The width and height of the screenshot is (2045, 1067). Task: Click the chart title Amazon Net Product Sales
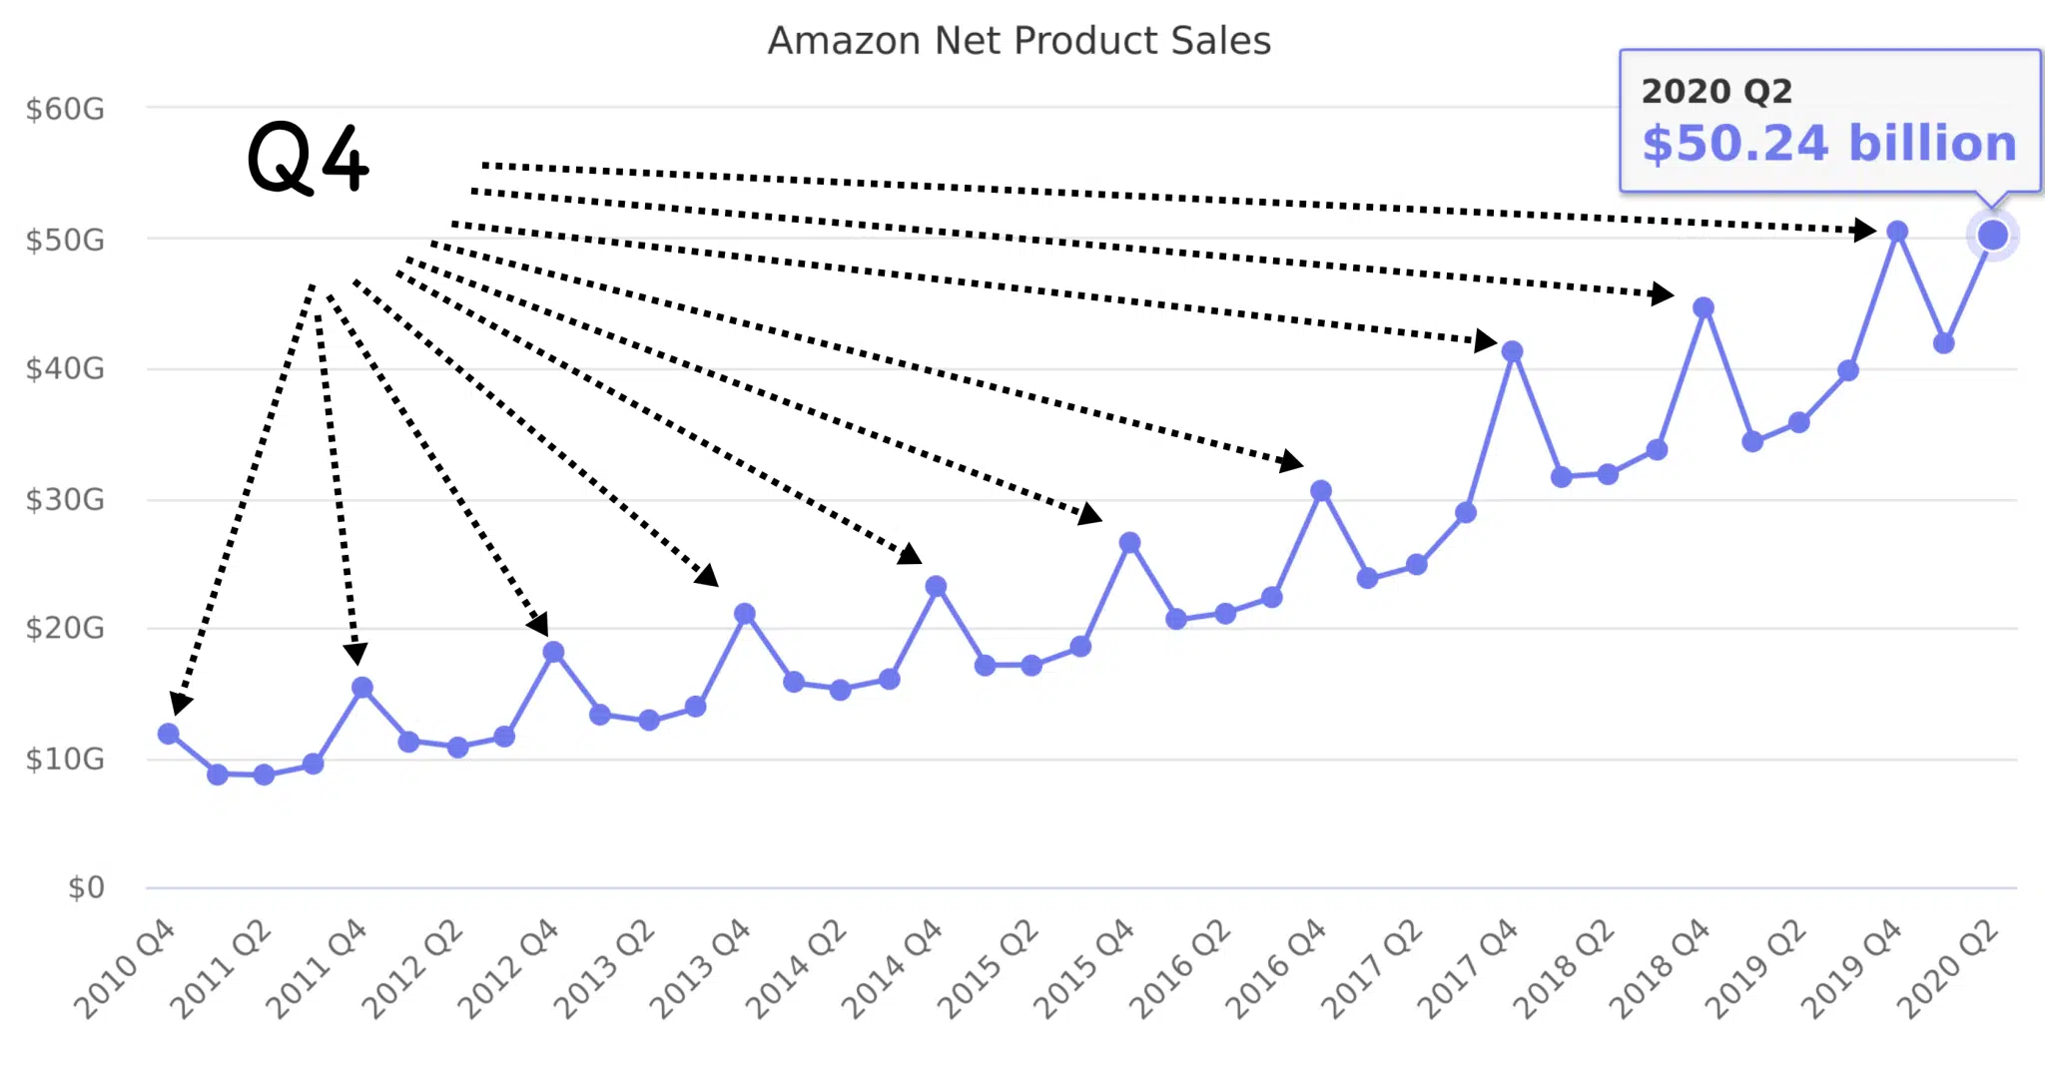point(1019,41)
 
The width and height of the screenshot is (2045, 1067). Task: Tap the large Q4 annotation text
point(308,158)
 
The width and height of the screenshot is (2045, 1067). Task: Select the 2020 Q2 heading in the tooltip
point(1716,91)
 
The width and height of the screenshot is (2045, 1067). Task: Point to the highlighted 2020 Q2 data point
point(1992,235)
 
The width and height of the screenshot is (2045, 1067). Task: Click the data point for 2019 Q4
point(1897,232)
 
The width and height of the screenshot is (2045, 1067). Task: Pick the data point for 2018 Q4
point(1704,307)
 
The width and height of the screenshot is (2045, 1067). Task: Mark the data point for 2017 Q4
point(1512,351)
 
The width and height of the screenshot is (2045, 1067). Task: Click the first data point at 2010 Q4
point(169,734)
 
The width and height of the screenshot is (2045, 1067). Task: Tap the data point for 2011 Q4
point(362,688)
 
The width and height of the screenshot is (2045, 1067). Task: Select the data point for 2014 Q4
point(936,586)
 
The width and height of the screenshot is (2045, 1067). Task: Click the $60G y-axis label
point(65,109)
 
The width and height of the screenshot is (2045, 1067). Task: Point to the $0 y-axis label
point(85,887)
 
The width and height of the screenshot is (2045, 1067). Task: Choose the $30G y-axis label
point(65,499)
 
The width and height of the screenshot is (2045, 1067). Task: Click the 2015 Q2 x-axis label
point(989,970)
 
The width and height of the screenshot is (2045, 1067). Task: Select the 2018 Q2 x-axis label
point(1564,970)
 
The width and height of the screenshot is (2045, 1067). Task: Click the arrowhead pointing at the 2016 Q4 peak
point(1291,461)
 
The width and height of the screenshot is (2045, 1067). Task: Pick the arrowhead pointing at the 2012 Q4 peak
point(539,625)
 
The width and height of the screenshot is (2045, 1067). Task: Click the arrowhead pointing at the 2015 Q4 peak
point(1090,515)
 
